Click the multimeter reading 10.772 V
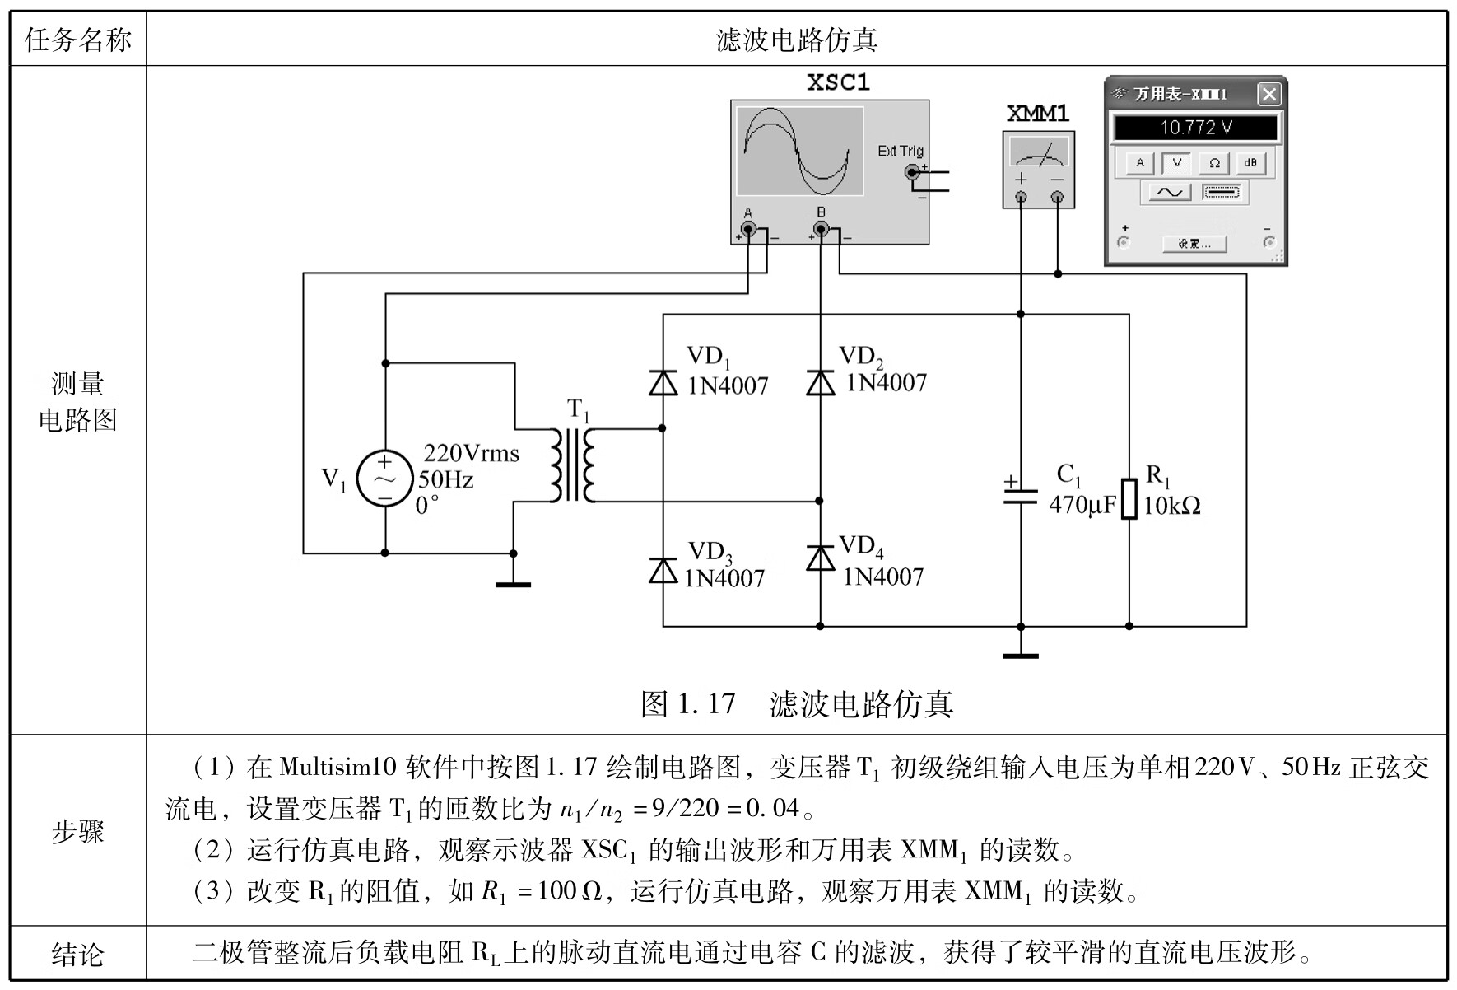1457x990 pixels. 1195,128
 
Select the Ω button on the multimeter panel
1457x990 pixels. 1214,163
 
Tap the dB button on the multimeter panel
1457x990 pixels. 1250,163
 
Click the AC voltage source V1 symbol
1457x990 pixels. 384,479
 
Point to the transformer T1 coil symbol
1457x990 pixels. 573,465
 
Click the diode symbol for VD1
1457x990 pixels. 663,383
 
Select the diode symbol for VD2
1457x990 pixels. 820,383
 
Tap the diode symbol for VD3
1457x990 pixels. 663,570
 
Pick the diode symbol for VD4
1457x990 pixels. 820,558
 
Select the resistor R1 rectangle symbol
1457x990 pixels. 1129,498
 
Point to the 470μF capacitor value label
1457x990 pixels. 1082,505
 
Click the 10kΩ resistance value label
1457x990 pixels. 1172,506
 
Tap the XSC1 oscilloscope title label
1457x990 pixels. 838,82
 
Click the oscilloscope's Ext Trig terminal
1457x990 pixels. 912,172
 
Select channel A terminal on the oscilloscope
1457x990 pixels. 747,229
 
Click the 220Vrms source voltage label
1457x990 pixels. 471,453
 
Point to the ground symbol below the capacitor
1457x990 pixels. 1021,655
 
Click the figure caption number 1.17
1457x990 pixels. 706,703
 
